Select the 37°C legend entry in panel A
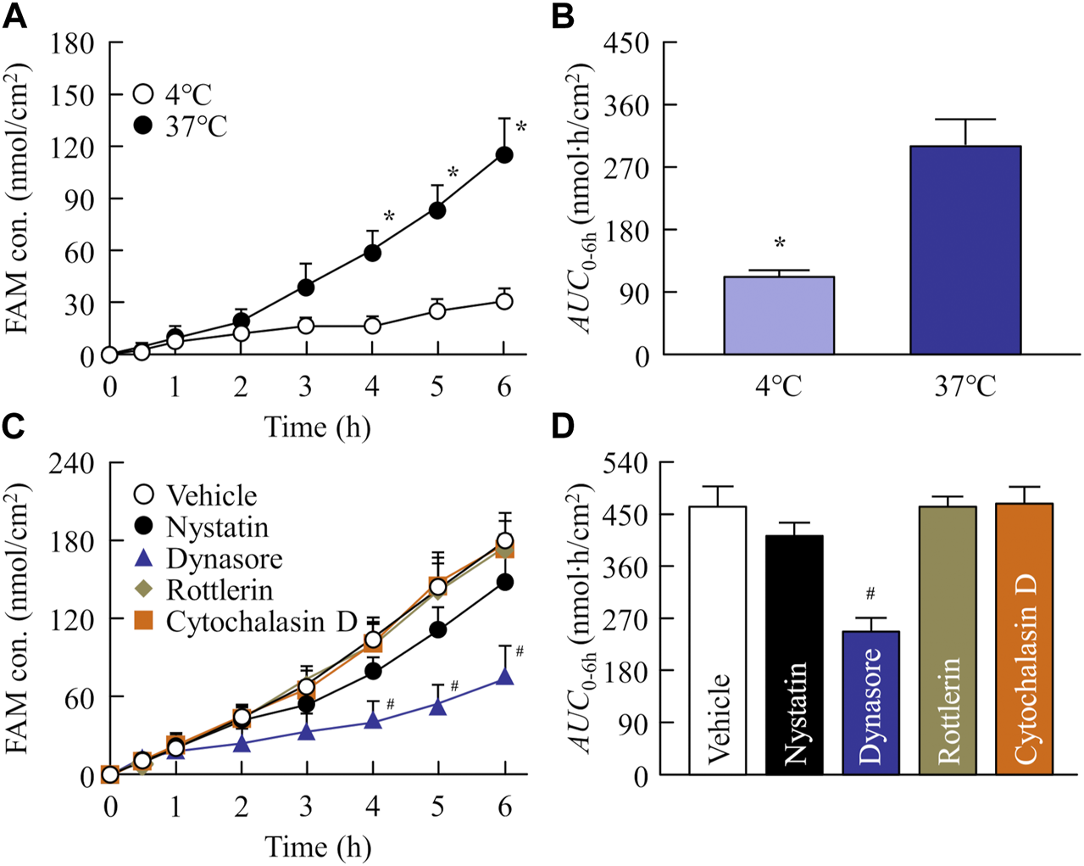pos(181,126)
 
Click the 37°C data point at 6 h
pos(504,154)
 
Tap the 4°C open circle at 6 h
pos(504,301)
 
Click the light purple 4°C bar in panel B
pos(779,316)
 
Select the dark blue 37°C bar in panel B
pos(965,250)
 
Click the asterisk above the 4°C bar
pos(780,244)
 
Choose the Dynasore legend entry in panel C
pos(208,559)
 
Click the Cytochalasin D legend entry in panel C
pos(246,622)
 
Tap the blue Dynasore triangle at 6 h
pos(505,676)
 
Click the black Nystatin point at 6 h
pos(505,582)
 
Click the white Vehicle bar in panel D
pos(718,640)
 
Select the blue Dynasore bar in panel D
pos(870,702)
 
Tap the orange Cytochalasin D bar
pos(1024,639)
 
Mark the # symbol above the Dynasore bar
pos(870,595)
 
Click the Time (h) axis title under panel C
pos(317,846)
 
